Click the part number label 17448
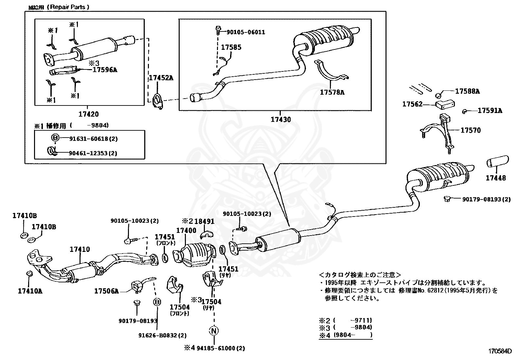(495, 178)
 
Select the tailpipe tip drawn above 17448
(497, 161)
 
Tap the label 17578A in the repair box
(332, 92)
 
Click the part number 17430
(280, 120)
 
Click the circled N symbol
(214, 331)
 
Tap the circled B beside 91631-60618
(55, 138)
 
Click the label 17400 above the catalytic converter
(186, 231)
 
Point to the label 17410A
(30, 290)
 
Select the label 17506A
(106, 291)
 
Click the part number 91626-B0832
(162, 335)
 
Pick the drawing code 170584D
(500, 351)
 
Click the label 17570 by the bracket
(471, 130)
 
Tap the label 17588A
(467, 91)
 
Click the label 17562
(413, 104)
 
